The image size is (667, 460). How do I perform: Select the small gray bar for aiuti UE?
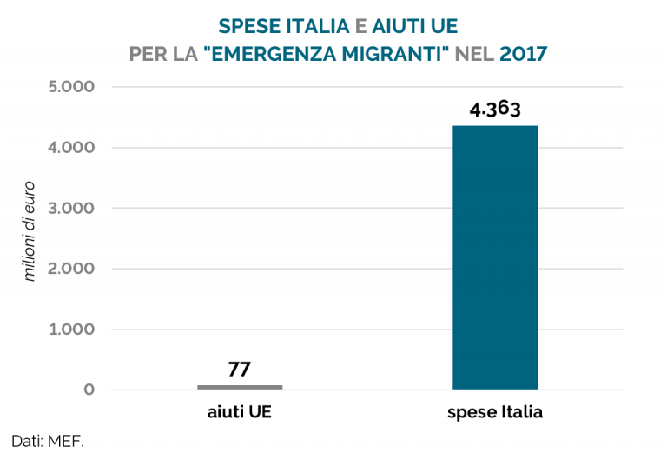pos(240,386)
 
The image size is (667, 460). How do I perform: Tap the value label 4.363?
pos(495,110)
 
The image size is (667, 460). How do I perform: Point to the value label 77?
pos(240,369)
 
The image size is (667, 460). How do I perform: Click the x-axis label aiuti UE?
pos(240,412)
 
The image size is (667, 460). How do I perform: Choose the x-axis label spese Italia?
pos(495,412)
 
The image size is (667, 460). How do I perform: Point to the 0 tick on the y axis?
pos(89,390)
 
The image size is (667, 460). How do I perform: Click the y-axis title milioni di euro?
pos(30,230)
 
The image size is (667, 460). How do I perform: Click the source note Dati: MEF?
pos(48,441)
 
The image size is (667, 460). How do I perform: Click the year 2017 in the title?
pos(524,54)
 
